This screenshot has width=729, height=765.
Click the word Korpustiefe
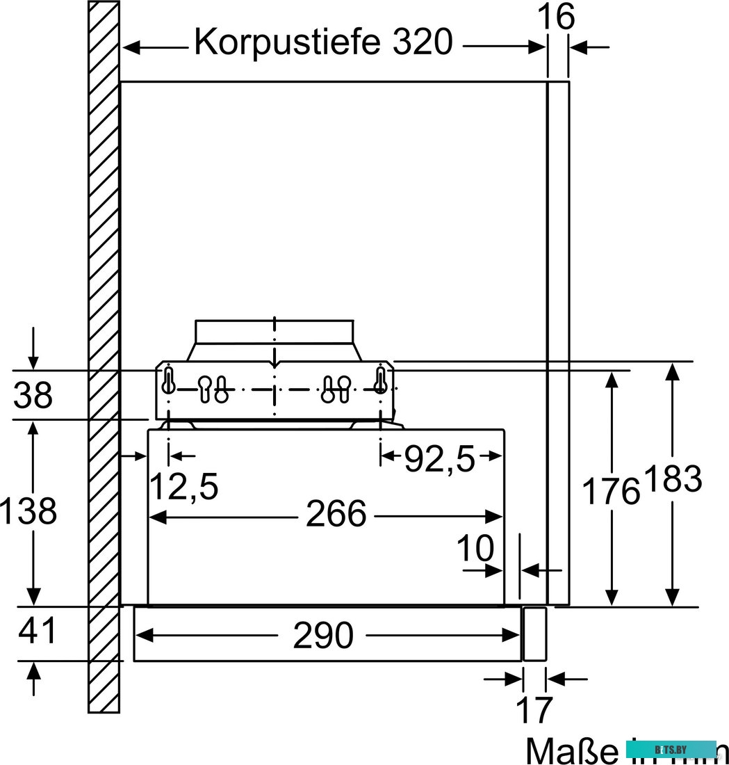point(287,43)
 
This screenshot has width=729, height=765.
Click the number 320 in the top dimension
point(422,43)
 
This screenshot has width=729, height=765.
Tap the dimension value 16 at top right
point(557,17)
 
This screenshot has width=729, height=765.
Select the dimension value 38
point(33,396)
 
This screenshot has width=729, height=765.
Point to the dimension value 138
point(28,512)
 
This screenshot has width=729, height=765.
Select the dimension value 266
point(336,515)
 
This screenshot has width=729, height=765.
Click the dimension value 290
point(323,635)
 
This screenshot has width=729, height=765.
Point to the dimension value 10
point(475,549)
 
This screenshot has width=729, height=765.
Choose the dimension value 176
point(610,491)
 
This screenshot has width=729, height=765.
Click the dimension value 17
point(534,709)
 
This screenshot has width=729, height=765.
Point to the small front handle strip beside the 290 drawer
point(534,634)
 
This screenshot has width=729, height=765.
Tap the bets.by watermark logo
point(671,749)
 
